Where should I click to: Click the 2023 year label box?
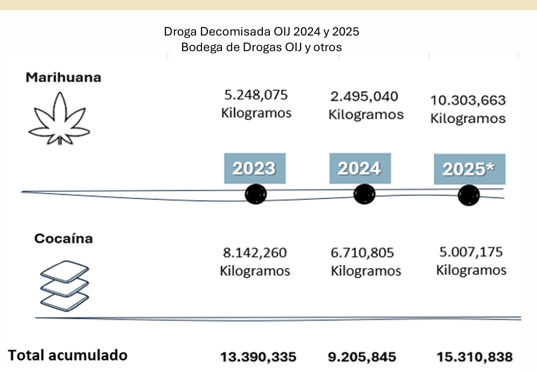[254, 168]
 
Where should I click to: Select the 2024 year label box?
[360, 168]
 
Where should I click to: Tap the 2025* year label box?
[469, 169]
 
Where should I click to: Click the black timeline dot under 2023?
[255, 194]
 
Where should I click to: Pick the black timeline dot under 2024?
[364, 193]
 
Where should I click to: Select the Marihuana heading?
[64, 77]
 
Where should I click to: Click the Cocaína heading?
[63, 238]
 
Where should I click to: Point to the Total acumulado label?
[68, 355]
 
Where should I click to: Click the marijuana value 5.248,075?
[256, 95]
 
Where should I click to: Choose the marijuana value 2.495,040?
[365, 96]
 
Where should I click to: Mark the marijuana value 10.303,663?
[468, 100]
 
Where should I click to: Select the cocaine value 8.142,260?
[255, 252]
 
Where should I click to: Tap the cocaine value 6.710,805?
[362, 252]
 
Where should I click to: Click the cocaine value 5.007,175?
[471, 251]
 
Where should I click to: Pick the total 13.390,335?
[258, 357]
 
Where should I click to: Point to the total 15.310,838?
[475, 357]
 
